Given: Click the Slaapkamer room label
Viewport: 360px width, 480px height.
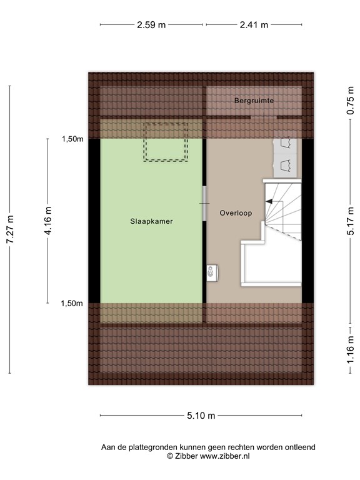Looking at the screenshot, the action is (151, 221).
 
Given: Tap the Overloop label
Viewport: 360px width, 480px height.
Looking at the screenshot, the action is (236, 213).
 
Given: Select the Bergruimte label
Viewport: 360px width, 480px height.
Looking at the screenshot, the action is (254, 101).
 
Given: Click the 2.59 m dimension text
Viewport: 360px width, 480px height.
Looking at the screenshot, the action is (151, 25).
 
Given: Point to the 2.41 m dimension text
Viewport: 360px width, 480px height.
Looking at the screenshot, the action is (254, 25).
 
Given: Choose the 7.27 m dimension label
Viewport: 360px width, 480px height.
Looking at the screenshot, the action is (10, 229).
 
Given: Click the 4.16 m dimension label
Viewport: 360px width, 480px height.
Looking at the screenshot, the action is (47, 221).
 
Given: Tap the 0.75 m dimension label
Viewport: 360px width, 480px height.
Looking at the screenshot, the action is (351, 101).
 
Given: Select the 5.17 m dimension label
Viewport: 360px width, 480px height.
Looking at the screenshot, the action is (351, 221).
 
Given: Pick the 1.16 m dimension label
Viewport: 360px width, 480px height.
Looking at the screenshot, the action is (351, 350).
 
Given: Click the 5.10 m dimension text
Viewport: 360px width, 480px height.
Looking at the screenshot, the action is (201, 416).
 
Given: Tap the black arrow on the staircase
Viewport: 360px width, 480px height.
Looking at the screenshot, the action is (269, 201).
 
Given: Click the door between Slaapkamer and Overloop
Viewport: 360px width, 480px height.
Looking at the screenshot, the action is (204, 203).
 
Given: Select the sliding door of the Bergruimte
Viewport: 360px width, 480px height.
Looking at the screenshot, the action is (264, 117).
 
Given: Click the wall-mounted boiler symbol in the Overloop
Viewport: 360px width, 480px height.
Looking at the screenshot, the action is (212, 272).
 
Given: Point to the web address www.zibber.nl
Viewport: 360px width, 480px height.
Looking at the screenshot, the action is (225, 456).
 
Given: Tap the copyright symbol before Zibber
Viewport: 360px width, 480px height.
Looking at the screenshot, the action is (170, 456).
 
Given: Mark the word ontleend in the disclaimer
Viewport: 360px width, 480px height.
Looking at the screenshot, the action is (300, 447).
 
